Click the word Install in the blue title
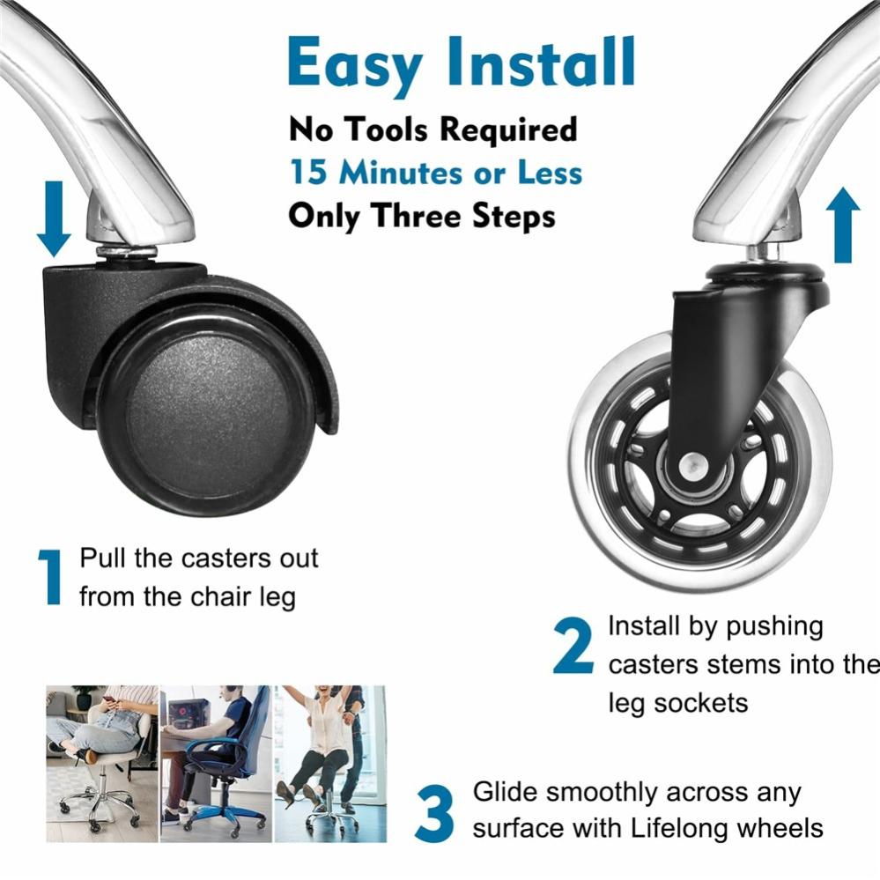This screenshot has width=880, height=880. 541,61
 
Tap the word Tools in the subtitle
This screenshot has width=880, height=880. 385,129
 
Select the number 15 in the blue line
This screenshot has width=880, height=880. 308,172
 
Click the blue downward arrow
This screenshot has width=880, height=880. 54,218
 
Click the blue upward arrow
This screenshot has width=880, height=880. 843,225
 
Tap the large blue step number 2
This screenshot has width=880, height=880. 573,646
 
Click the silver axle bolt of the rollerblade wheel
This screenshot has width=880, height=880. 692,466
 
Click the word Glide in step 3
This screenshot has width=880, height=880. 505,792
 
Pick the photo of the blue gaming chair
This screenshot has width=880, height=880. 216,763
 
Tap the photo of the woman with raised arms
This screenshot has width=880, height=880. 330,763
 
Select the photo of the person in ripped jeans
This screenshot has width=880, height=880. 102,763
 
